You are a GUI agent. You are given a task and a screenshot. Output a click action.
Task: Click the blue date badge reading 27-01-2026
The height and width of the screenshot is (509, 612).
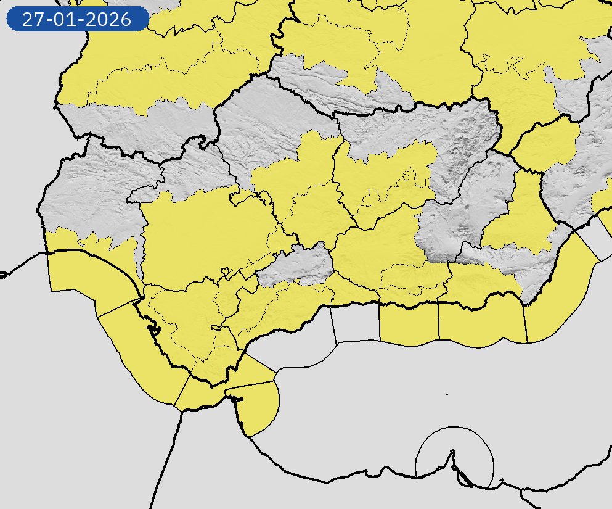[77, 19]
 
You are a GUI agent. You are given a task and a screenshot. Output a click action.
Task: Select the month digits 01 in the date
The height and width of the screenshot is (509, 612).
[63, 20]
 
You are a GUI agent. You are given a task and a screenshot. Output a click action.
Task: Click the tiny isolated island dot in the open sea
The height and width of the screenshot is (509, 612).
[446, 394]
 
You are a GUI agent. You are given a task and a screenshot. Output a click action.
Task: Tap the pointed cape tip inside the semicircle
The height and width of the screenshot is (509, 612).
[453, 451]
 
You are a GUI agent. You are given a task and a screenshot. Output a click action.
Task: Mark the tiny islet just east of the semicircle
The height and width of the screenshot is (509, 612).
[502, 480]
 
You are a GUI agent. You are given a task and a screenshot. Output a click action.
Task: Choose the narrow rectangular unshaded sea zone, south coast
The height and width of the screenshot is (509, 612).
[356, 323]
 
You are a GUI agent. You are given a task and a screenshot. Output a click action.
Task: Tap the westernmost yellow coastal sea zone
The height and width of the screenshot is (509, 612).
[86, 278]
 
